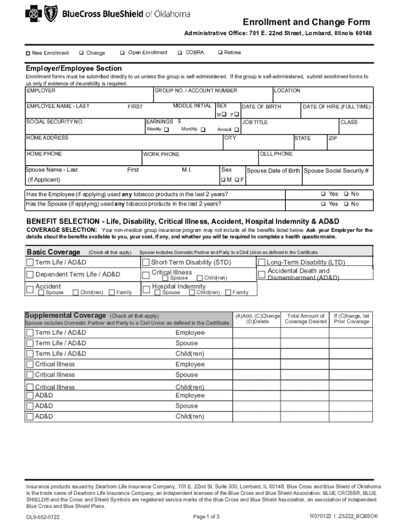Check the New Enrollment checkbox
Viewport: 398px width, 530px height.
pos(29,53)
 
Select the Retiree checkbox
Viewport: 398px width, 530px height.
pos(220,53)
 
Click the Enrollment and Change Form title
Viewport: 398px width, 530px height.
pos(307,22)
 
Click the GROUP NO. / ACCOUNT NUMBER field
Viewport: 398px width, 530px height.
pos(212,97)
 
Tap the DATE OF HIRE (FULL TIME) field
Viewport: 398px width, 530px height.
pos(336,113)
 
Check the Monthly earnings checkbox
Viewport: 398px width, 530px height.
pos(203,129)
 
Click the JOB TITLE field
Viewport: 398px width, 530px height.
pos(289,129)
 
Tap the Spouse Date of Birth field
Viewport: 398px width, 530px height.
pos(273,179)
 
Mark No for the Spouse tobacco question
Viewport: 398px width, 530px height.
pos(346,204)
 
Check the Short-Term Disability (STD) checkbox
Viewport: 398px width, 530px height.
pos(146,262)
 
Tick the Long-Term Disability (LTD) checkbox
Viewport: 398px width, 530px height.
pos(262,262)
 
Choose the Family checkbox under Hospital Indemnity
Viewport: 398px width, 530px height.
pos(228,293)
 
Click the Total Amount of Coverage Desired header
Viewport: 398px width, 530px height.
pos(306,319)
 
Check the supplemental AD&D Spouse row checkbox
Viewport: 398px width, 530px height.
pos(29,406)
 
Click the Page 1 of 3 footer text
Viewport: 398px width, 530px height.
pos(206,517)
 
